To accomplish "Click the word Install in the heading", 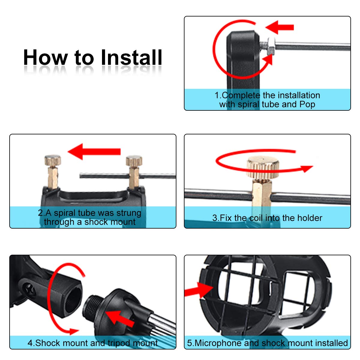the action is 131,58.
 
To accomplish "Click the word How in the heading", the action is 45,58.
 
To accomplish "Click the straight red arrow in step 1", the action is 280,27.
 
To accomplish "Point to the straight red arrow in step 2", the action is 94,151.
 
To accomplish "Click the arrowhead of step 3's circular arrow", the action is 307,169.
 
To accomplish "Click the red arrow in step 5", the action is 199,290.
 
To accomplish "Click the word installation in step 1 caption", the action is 291,95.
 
